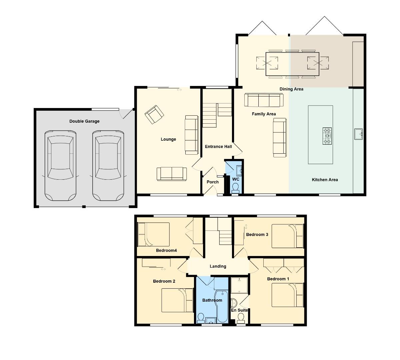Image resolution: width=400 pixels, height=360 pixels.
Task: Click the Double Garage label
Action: (84, 121)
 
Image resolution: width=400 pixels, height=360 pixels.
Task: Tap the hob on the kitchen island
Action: (327, 136)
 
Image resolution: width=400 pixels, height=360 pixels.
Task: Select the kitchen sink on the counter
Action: (358, 134)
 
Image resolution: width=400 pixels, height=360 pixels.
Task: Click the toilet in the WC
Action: (235, 188)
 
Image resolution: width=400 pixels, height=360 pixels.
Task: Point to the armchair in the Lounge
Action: (154, 114)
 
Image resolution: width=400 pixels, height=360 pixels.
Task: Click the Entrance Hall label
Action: (218, 147)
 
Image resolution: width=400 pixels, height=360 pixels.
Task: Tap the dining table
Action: (292, 64)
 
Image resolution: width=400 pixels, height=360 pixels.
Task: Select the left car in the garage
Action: (60, 166)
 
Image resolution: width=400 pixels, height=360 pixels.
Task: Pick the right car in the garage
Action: (108, 166)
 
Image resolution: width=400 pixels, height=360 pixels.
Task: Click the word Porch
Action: (213, 182)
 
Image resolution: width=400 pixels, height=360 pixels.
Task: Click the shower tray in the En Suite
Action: (239, 285)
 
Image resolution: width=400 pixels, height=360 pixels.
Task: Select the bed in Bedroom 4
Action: (154, 234)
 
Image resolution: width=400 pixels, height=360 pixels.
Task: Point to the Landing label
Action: (218, 266)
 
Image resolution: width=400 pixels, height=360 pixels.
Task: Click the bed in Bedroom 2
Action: (177, 300)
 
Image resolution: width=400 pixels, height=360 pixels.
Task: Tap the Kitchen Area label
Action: (325, 180)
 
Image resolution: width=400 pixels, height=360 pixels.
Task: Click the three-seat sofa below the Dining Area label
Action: (264, 100)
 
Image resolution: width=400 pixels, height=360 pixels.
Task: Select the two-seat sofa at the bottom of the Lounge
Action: (172, 174)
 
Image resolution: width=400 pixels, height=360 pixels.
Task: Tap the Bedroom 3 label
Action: (257, 235)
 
